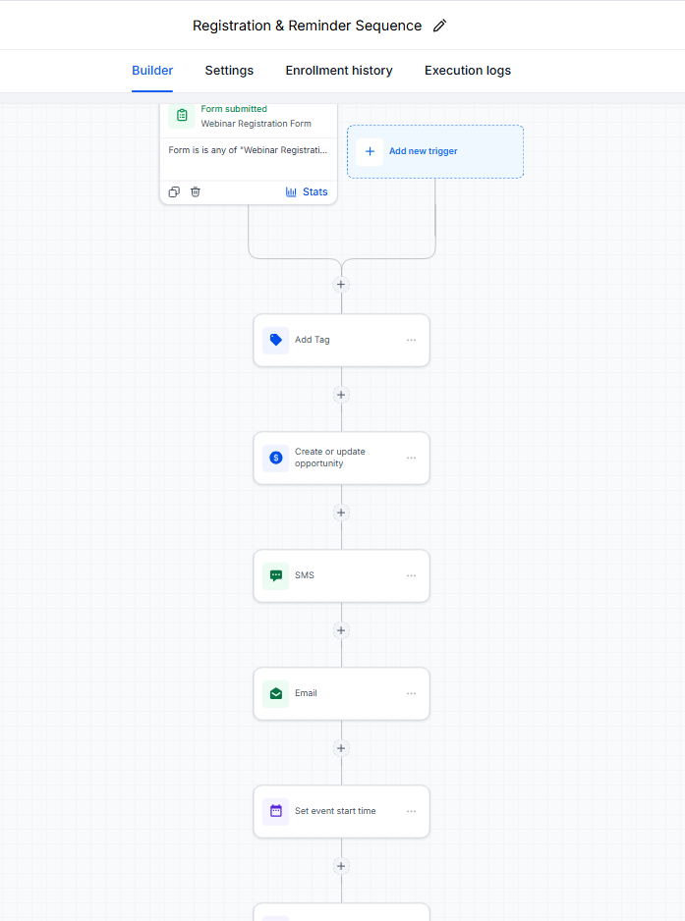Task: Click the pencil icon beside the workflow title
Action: (439, 26)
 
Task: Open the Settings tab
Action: (229, 71)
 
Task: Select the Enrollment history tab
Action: (339, 71)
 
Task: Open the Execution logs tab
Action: (468, 71)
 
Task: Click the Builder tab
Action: (152, 71)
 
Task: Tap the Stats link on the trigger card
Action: (307, 192)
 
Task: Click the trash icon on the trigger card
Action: (196, 192)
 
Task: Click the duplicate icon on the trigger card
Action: (174, 192)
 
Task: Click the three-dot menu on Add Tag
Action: (412, 340)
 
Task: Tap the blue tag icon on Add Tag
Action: (276, 340)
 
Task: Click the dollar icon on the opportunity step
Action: (276, 458)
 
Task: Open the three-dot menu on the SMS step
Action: (412, 575)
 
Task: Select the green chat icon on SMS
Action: (276, 575)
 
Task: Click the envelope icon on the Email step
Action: (276, 693)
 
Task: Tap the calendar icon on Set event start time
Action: (276, 811)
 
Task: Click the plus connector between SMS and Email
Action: (341, 630)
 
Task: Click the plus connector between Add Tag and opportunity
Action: (341, 395)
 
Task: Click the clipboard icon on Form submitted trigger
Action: (182, 115)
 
